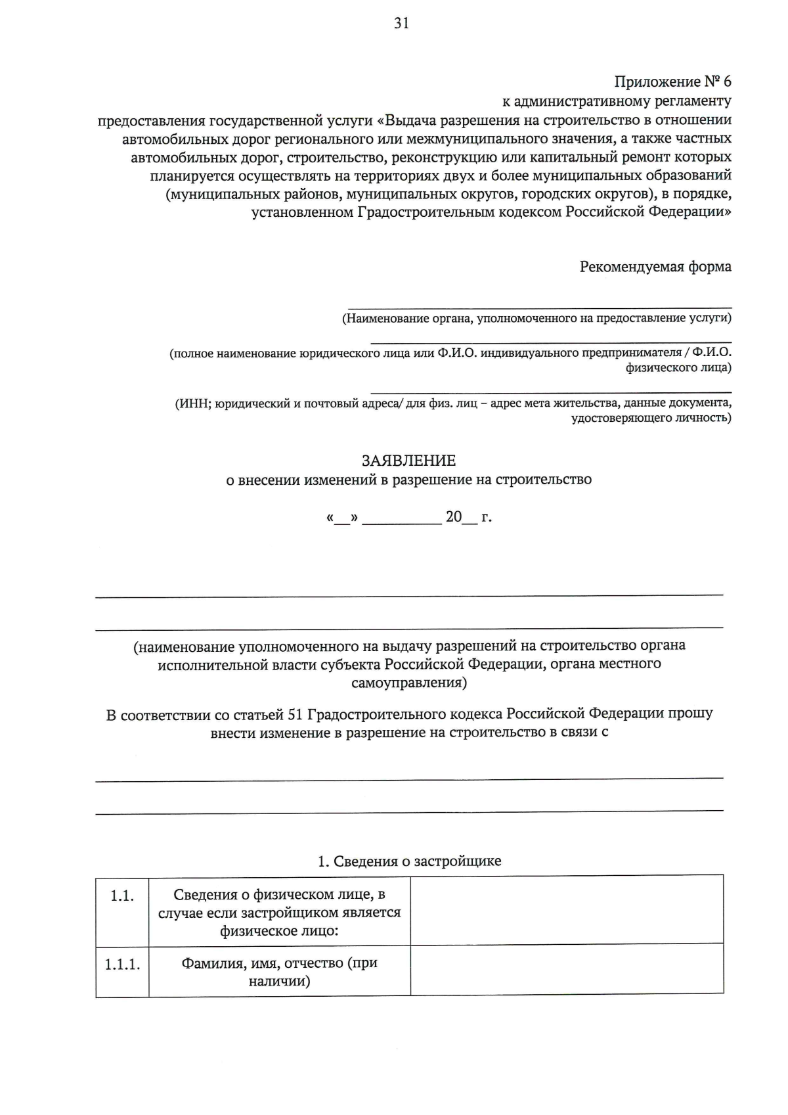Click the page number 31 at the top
pos(401,24)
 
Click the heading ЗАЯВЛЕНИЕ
pos(408,461)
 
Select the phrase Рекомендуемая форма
pos(655,267)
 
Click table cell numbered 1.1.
pos(122,896)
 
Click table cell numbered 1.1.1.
pos(122,965)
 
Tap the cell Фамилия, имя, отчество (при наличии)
pos(279,972)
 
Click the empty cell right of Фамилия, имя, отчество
pos(567,970)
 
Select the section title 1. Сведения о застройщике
pos(409,861)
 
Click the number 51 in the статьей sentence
pos(295,714)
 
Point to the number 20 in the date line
pos(454,516)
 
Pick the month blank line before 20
pos(402,521)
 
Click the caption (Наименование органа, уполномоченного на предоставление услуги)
pos(536,319)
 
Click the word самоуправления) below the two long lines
pos(409,683)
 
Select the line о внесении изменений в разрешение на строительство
pos(408,480)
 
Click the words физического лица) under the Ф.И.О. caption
pos(678,367)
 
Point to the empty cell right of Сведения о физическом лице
pos(567,911)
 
